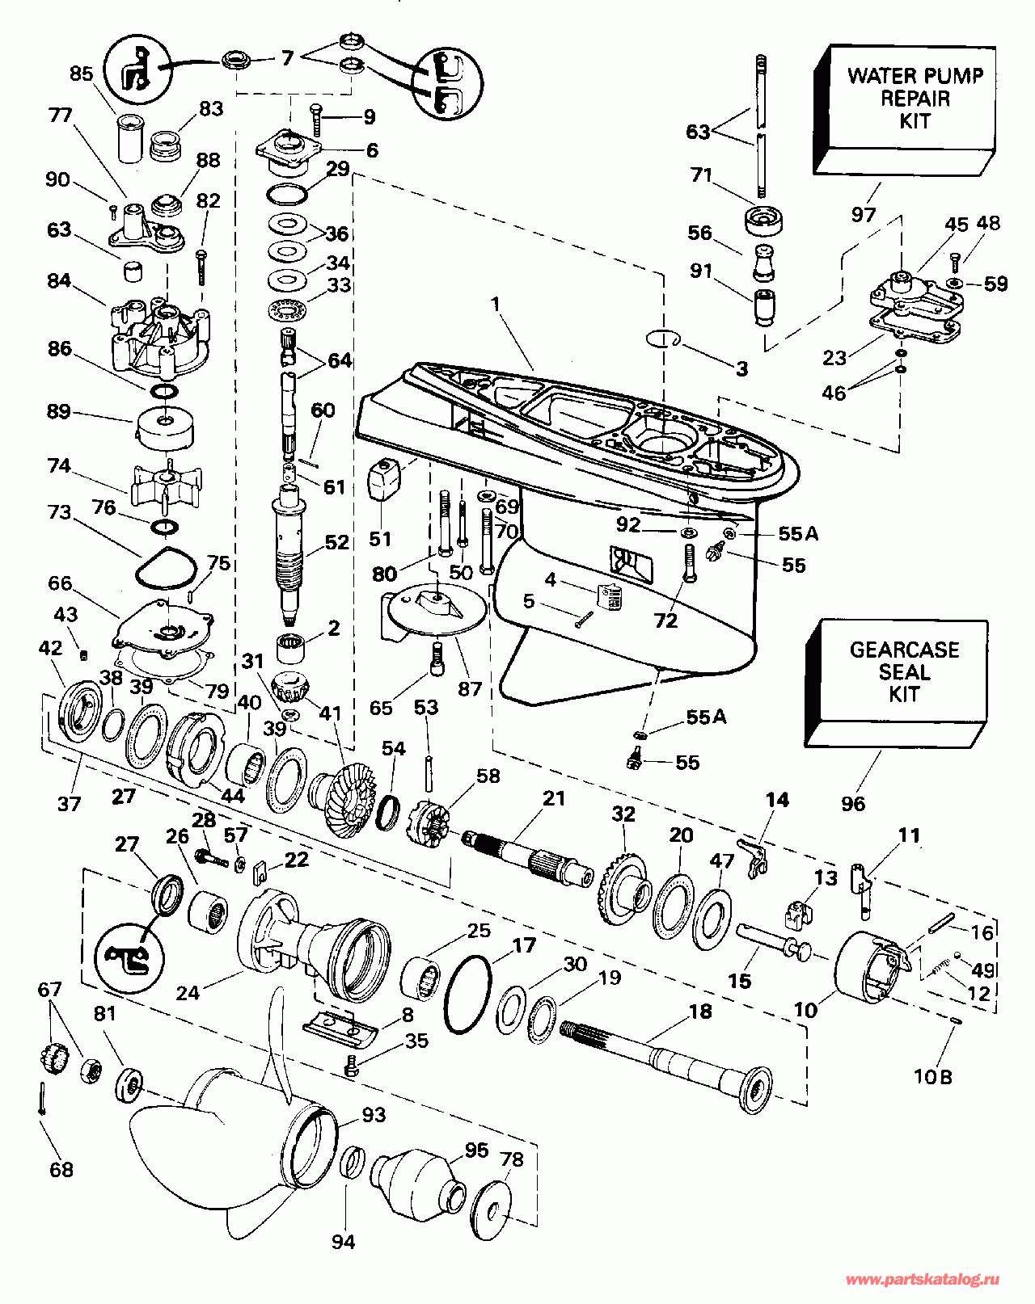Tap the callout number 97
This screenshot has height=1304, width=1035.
(x=863, y=214)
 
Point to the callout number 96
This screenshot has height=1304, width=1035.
(x=853, y=803)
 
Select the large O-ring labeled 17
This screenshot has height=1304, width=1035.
(x=468, y=995)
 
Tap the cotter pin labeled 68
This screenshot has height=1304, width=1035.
(x=41, y=1100)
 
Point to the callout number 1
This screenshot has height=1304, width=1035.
(x=495, y=305)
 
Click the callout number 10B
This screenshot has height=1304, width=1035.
(x=933, y=1077)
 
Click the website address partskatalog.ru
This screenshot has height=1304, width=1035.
(x=922, y=1280)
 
